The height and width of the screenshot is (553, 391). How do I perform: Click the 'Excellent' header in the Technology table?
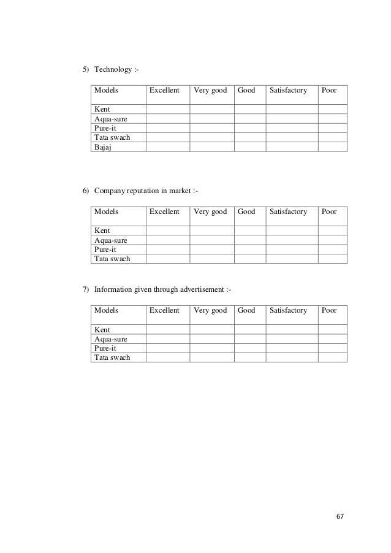coord(164,91)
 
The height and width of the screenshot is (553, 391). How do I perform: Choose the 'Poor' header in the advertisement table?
coord(329,310)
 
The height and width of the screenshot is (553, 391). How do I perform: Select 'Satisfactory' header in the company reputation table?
coord(287,212)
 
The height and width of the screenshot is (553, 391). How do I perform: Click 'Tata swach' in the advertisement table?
coord(112,357)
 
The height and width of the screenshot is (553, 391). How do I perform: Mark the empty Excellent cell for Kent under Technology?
coord(167,109)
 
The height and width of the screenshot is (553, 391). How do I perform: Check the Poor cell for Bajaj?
coord(332,147)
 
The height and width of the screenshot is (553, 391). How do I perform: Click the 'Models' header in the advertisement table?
coord(105,310)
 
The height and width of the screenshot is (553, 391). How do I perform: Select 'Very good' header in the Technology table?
coord(210,91)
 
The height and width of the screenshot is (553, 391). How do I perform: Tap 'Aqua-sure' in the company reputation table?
coord(110,240)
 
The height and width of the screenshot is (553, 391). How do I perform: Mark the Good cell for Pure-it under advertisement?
coord(249,348)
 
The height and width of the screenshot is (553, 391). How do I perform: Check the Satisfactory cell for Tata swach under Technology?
coord(291,137)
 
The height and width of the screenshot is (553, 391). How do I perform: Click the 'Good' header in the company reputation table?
coord(246,212)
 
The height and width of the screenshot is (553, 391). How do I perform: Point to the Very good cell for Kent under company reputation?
coord(212,231)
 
